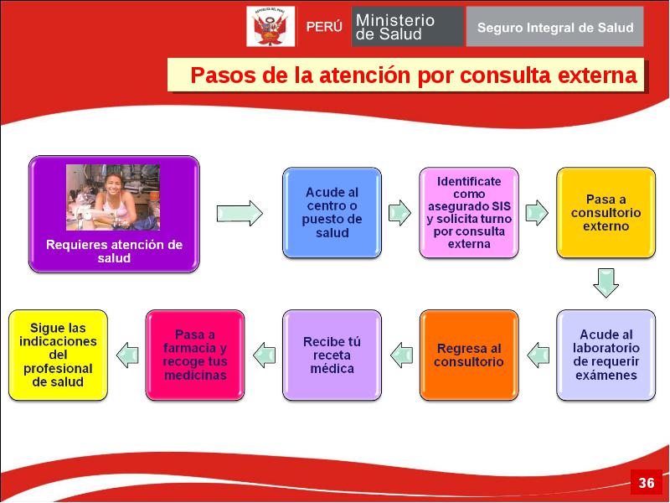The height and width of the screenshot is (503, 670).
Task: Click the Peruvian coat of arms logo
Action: [x=271, y=27]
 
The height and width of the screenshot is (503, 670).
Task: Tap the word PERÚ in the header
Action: [x=324, y=27]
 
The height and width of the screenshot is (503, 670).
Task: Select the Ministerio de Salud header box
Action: [x=407, y=27]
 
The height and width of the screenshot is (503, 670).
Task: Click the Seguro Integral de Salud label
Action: [x=554, y=28]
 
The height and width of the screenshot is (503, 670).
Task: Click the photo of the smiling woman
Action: [x=113, y=198]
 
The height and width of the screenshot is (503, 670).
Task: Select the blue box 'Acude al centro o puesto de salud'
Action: [x=332, y=213]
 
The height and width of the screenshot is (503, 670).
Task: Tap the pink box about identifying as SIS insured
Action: [x=469, y=213]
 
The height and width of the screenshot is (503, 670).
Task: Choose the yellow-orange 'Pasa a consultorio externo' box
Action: [x=606, y=213]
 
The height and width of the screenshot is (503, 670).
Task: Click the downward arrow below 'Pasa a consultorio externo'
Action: [x=606, y=283]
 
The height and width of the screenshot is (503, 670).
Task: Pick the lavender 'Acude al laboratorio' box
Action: [x=606, y=355]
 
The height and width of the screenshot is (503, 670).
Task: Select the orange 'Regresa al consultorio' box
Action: [x=469, y=355]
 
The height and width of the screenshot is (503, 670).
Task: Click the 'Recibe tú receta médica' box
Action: [x=332, y=355]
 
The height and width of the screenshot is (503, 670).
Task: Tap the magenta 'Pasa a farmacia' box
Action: [x=195, y=355]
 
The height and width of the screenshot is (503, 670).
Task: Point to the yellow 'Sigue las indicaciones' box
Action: [x=58, y=355]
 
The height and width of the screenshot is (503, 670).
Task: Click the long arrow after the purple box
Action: [x=240, y=213]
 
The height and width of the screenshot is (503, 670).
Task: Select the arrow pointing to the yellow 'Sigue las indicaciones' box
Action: [x=127, y=355]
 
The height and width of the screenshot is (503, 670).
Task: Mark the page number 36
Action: [x=646, y=483]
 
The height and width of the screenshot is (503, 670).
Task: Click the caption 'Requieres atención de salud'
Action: [x=114, y=251]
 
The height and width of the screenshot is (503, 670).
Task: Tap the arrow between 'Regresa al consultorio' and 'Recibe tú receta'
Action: [x=401, y=355]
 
